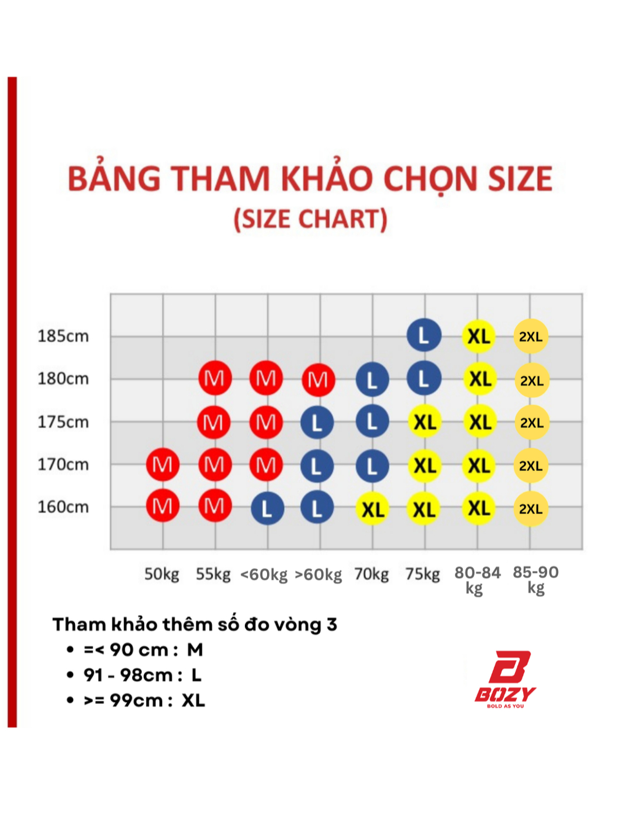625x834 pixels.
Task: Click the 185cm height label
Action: (63, 337)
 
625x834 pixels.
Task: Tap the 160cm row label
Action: (63, 507)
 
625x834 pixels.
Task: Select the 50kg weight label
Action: (161, 574)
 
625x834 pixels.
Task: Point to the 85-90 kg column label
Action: (535, 580)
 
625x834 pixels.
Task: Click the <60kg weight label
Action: (264, 574)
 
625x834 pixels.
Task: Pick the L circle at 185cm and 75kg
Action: (424, 335)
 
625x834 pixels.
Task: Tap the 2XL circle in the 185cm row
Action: (531, 337)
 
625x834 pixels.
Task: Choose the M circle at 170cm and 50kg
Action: (163, 465)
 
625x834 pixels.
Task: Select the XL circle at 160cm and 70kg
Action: (373, 509)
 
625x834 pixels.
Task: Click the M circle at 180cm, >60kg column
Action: (318, 380)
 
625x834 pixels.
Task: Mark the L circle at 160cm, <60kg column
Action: (267, 508)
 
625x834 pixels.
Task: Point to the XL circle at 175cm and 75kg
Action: (424, 422)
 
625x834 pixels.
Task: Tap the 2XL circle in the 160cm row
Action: (531, 509)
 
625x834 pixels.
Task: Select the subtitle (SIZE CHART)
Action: (310, 220)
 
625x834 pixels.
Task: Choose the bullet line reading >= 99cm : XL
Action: (136, 700)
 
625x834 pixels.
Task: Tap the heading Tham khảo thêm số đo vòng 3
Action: (195, 625)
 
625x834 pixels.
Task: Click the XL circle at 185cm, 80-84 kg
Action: (479, 337)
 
